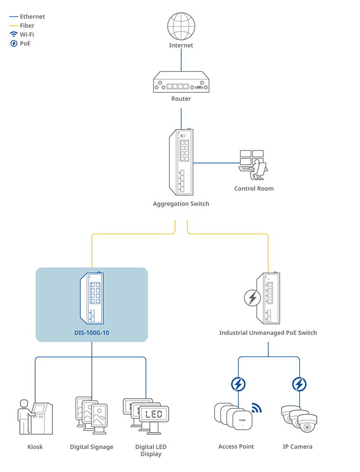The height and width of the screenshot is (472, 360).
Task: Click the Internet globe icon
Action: tap(181, 27)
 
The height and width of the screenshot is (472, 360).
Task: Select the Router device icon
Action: tap(181, 83)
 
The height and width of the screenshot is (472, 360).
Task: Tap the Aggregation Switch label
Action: tap(181, 204)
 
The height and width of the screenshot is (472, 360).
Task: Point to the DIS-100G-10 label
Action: tap(92, 333)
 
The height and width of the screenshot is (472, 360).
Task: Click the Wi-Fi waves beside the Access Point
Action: tap(256, 408)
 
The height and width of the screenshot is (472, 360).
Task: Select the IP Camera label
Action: tap(297, 447)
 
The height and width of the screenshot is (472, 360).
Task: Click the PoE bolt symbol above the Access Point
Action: tap(238, 384)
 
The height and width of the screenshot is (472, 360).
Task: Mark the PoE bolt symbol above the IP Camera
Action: tap(299, 384)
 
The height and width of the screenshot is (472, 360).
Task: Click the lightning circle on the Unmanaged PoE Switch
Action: tap(252, 298)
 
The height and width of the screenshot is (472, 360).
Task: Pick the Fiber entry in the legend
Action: tap(27, 26)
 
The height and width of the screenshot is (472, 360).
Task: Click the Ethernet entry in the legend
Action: tap(32, 17)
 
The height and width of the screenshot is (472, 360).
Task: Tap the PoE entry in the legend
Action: tap(25, 44)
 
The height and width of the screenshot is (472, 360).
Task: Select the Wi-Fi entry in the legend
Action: tap(27, 35)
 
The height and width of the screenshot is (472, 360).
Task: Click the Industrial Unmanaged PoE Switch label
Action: tap(268, 333)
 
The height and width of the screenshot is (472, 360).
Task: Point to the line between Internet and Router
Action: tap(181, 59)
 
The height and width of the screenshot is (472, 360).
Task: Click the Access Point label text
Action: tap(236, 447)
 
